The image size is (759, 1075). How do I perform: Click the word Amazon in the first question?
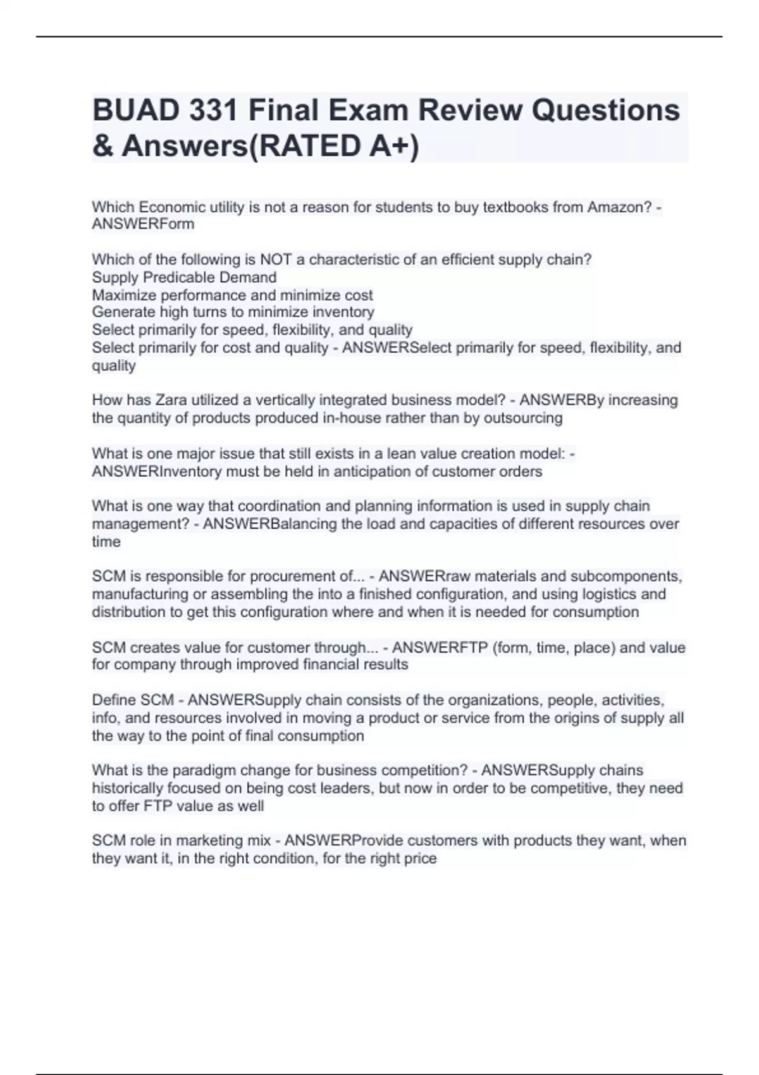click(x=619, y=207)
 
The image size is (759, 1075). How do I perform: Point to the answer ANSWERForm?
click(x=143, y=224)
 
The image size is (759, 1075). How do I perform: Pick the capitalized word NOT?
click(x=276, y=259)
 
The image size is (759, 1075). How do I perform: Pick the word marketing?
click(x=206, y=840)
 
